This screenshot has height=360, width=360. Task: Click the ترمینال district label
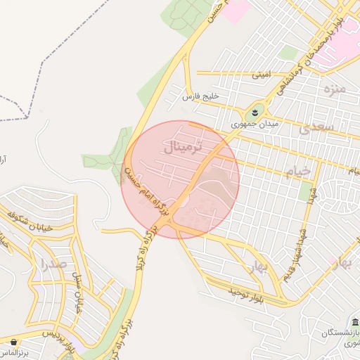(x=182, y=148)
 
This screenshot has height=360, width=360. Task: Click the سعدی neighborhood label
(x=314, y=128)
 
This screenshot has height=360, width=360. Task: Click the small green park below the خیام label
(x=306, y=192)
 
